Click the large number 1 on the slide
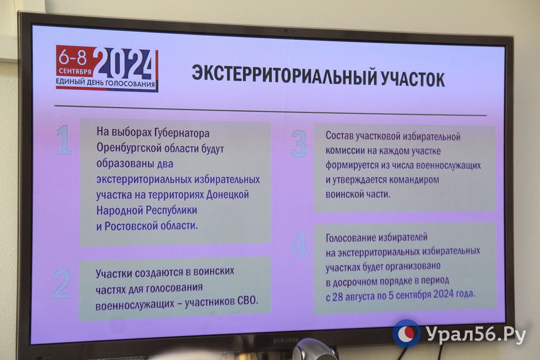[x=64, y=140]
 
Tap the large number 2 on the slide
[x=62, y=284]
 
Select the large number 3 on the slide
[x=298, y=143]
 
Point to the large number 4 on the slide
[x=300, y=245]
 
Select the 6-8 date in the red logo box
[x=73, y=57]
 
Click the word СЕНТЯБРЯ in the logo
[x=75, y=72]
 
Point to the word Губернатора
[x=181, y=133]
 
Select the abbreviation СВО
[x=248, y=300]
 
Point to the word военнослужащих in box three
[x=448, y=165]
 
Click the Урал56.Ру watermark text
[x=476, y=334]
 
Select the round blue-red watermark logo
[x=407, y=333]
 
